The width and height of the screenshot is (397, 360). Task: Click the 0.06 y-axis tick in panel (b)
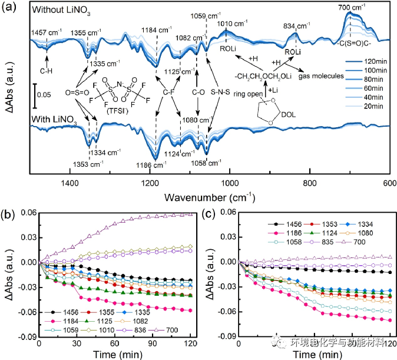(x=27, y=213)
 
